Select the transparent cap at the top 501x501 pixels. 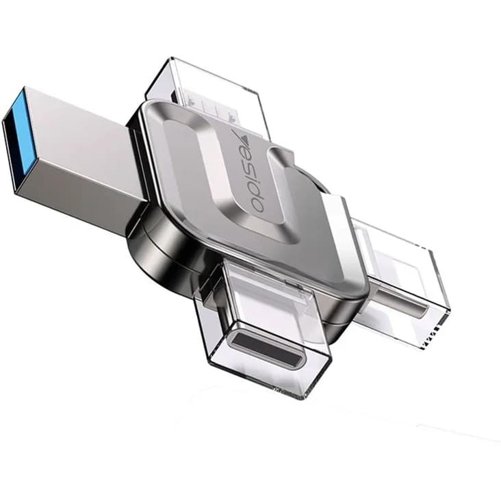click(207, 92)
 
